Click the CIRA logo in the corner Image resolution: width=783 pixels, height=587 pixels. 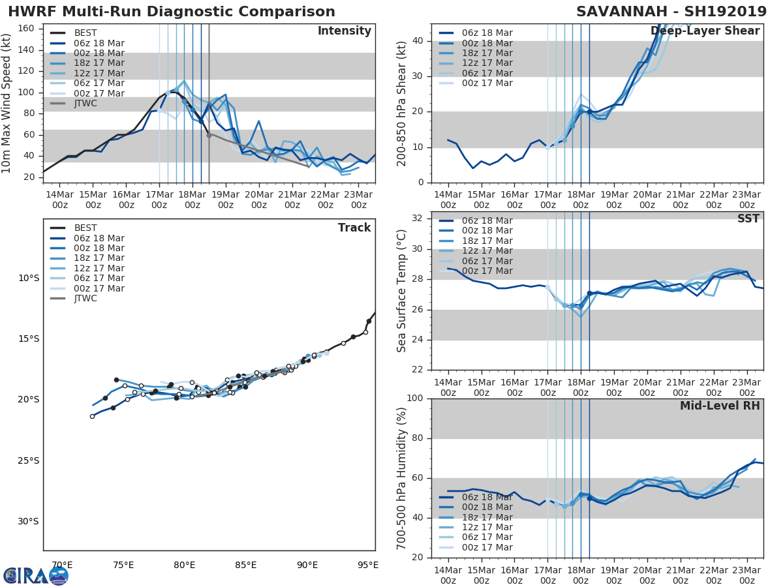[35, 575]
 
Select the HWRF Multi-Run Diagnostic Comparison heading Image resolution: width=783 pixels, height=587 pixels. [172, 12]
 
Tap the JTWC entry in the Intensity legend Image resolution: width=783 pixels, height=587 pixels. [85, 104]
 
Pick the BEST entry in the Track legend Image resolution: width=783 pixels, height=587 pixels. [85, 228]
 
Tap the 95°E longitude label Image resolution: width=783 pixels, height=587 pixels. [367, 565]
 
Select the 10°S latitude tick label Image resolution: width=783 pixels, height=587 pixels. [28, 278]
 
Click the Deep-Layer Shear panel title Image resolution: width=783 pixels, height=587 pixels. [705, 31]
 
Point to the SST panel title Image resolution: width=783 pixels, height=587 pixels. [748, 219]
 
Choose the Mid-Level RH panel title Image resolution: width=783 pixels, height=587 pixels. [719, 406]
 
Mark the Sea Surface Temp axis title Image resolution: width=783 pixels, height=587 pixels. [402, 291]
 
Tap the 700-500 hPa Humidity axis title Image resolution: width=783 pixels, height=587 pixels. [402, 478]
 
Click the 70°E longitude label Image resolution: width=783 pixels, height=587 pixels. [62, 565]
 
